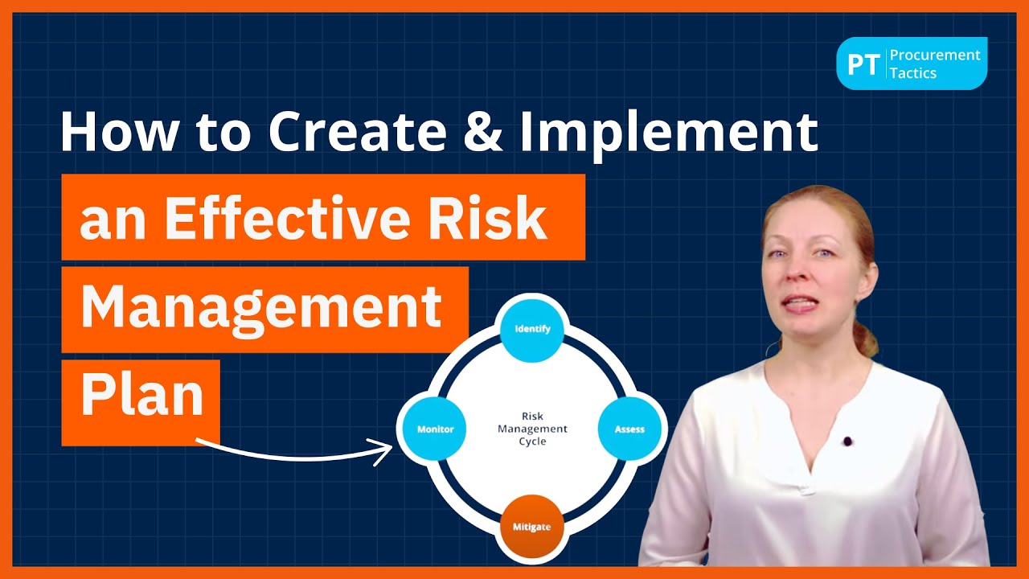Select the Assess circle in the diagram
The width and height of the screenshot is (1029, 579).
click(x=629, y=429)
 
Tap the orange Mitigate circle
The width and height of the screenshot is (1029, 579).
click(x=531, y=528)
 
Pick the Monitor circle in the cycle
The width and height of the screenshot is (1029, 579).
click(x=435, y=429)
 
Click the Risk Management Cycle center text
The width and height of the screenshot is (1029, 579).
click(x=532, y=429)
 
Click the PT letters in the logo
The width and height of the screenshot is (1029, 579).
click(x=863, y=64)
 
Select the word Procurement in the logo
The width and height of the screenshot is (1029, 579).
click(x=935, y=55)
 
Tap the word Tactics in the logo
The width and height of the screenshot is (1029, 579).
click(x=912, y=73)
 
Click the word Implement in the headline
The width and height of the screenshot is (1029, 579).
click(x=669, y=131)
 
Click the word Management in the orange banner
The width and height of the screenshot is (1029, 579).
click(x=261, y=307)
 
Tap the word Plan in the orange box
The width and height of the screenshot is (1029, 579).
click(x=141, y=396)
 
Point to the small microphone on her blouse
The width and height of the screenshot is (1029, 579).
click(x=847, y=441)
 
